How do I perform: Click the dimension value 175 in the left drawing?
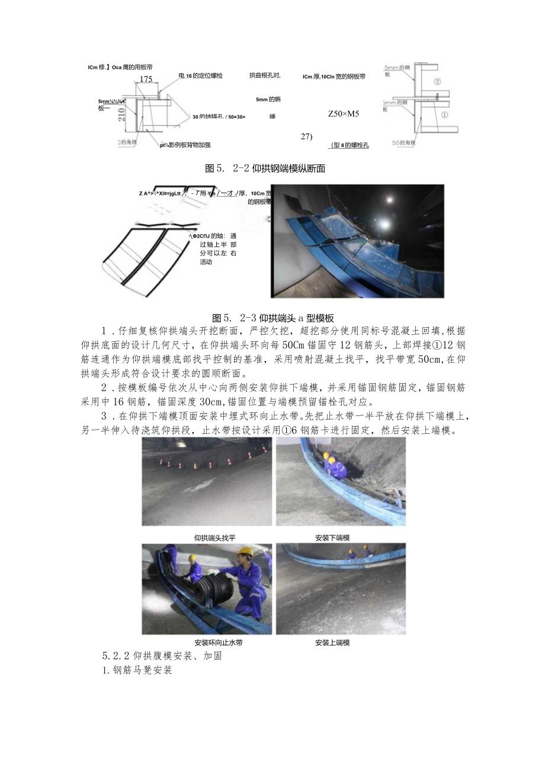(145, 79)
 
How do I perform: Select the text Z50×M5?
(344, 114)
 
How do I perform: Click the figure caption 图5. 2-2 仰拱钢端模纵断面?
(264, 168)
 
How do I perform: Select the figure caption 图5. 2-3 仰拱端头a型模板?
(272, 318)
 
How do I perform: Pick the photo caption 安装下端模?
(332, 538)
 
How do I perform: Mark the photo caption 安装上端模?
(332, 642)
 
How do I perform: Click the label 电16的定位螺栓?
(200, 76)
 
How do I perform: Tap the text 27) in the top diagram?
(306, 136)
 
